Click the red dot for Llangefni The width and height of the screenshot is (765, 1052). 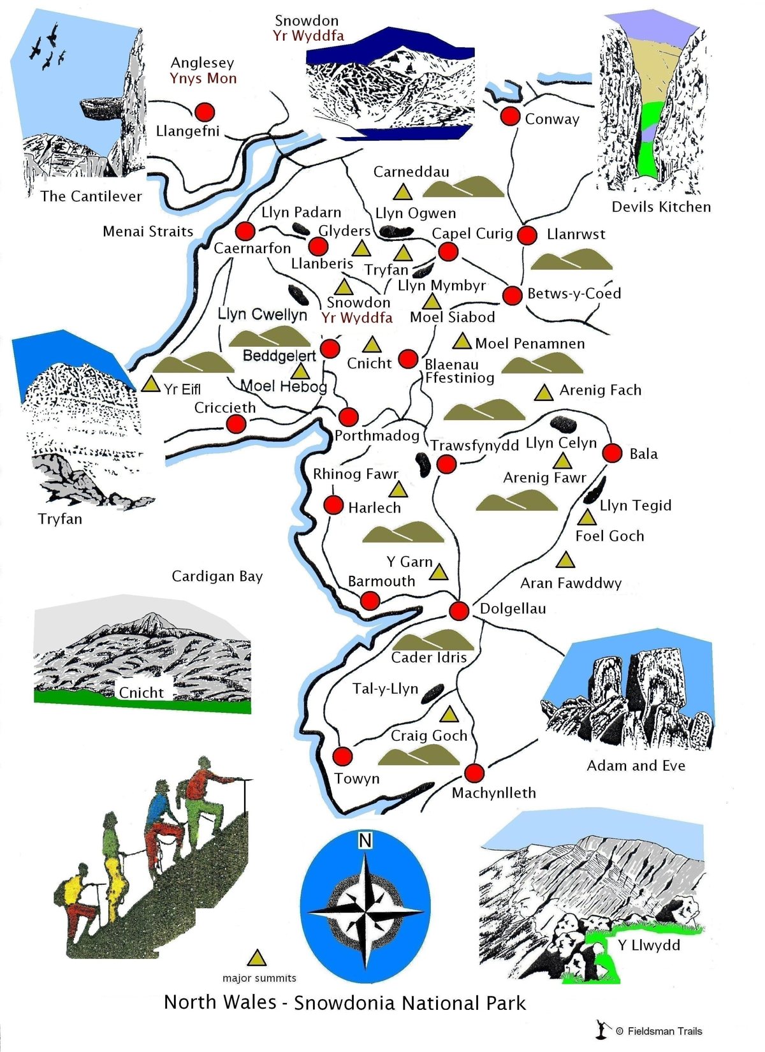click(204, 112)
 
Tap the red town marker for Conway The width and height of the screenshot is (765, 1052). click(510, 116)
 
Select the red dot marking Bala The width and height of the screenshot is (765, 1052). click(612, 453)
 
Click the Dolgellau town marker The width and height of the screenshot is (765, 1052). click(459, 610)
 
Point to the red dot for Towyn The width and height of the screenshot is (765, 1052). click(342, 757)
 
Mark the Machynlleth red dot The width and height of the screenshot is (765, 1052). click(474, 773)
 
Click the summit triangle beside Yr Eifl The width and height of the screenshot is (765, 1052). click(150, 384)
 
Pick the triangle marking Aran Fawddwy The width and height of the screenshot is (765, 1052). click(565, 560)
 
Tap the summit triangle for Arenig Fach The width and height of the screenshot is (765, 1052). click(544, 393)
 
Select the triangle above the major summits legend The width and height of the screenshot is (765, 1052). click(257, 958)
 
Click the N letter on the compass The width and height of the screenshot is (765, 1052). click(365, 841)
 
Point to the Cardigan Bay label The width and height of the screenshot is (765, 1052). click(217, 576)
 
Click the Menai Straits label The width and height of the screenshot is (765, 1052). click(148, 231)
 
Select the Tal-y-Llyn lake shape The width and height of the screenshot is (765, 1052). click(433, 693)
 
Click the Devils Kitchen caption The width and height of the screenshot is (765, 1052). click(661, 207)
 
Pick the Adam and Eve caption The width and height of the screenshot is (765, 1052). click(636, 766)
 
